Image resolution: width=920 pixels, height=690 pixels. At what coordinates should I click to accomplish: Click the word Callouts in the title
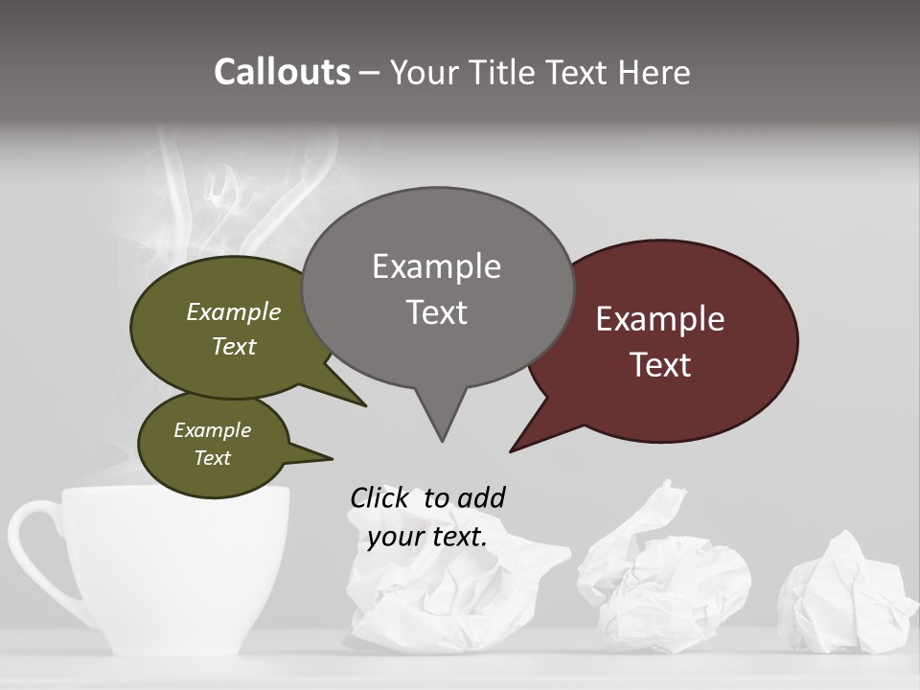click(282, 72)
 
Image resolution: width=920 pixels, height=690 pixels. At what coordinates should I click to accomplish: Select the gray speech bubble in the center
click(438, 287)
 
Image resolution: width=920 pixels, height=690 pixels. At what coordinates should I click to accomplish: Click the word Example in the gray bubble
click(436, 266)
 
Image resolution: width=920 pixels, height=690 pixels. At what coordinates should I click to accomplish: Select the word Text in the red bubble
click(660, 365)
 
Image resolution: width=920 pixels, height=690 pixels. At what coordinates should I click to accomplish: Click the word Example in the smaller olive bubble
click(212, 430)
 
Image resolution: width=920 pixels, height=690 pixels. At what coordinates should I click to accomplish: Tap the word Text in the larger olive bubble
click(233, 346)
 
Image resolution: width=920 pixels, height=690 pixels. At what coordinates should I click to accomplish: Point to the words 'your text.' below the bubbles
click(426, 537)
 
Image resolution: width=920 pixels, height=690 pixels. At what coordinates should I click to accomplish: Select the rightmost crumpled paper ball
click(843, 594)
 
